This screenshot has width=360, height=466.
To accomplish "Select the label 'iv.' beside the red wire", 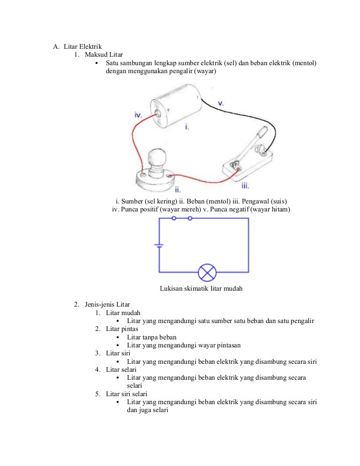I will click(138, 114).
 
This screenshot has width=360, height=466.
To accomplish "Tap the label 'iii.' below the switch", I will click(245, 186).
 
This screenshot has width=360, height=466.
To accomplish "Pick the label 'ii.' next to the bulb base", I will click(177, 189).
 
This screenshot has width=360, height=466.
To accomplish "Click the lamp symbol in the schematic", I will click(207, 272).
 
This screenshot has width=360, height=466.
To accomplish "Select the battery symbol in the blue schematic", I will click(159, 245).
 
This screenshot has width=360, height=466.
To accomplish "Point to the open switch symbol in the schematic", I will click(182, 218).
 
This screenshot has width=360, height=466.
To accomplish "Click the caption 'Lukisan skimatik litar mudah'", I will click(201, 289).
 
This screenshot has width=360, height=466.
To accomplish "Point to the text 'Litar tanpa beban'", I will click(152, 337).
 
